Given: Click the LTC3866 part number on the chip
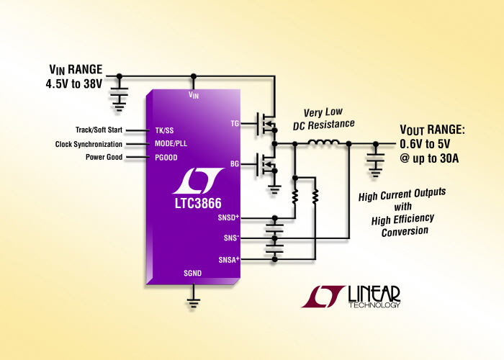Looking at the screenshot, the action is pos(198,203).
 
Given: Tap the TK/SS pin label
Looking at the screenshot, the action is pos(164,130).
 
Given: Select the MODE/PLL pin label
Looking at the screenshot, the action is pos(171,143).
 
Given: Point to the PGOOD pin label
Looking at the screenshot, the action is pos(166,158).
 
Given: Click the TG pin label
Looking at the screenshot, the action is pos(235,123).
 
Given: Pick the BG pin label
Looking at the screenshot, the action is pos(235,164).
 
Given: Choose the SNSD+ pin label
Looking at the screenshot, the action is pos(228,217).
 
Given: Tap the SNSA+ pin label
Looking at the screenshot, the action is pos(229,259).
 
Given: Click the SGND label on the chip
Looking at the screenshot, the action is pos(192,273).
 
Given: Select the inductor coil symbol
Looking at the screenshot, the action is pos(323,142).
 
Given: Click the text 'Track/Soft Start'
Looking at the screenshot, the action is pos(99,130).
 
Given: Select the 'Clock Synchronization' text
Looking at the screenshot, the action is pos(89,144).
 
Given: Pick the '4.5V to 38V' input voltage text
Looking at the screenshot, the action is pos(74,84).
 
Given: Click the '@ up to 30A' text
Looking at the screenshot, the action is pos(429,158).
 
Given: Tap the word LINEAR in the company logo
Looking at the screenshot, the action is pos(374,294).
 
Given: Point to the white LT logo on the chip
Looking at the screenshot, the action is pos(198,181).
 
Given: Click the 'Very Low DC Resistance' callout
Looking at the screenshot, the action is pos(324,119).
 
